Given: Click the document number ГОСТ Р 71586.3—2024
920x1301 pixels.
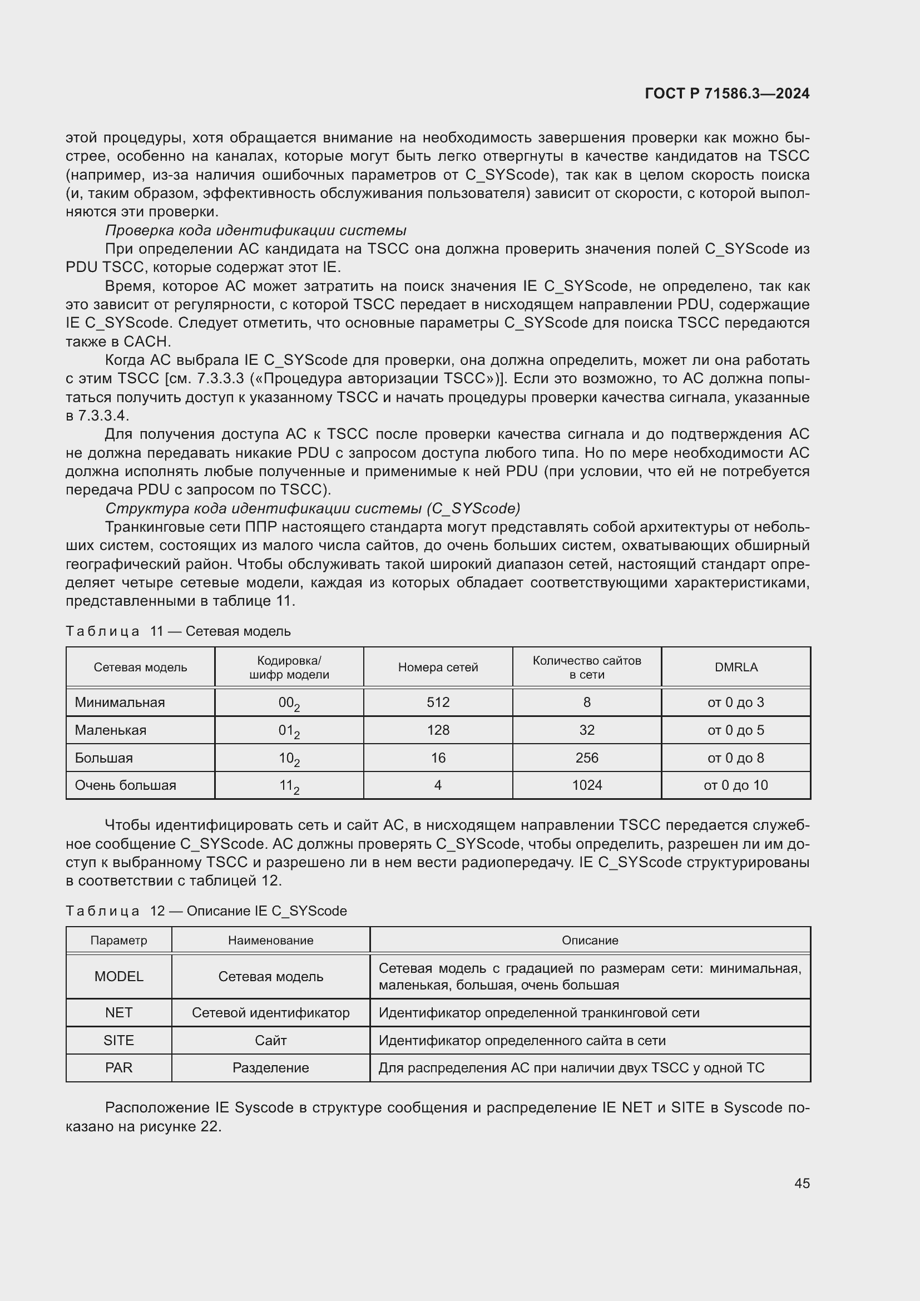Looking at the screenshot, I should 727,94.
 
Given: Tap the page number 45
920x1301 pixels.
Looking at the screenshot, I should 802,1183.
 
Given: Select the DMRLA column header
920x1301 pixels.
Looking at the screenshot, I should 735,667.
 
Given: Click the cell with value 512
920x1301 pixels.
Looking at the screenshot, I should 438,702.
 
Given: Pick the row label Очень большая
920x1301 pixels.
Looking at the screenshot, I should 125,785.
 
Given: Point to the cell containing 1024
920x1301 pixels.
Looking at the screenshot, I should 586,785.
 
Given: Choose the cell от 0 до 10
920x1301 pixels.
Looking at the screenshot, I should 735,785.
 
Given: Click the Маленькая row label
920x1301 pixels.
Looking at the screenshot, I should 111,730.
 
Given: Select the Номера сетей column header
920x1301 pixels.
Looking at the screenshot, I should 438,667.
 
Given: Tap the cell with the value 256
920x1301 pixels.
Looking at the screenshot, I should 586,758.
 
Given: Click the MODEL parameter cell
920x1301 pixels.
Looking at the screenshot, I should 119,976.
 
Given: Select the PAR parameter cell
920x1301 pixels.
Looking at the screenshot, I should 119,1067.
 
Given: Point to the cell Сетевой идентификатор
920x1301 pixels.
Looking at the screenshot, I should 271,1012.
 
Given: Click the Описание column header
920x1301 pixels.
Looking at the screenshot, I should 590,940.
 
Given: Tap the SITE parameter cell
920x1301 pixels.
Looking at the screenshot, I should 119,1040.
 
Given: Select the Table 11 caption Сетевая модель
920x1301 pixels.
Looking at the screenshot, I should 178,631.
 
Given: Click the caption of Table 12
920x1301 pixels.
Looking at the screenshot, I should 206,911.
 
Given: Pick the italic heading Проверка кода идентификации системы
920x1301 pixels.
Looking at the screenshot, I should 255,230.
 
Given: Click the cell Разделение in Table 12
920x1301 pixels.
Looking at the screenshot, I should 271,1067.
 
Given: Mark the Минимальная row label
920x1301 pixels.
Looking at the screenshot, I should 120,702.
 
